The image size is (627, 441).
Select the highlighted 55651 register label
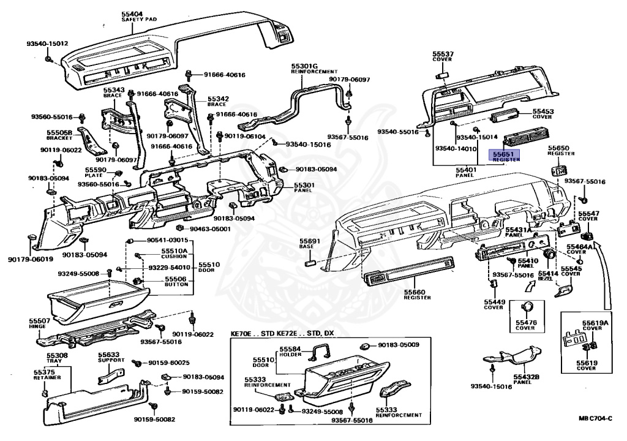click(503, 156)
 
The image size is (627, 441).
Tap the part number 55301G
click(304, 66)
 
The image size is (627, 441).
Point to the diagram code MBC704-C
click(595, 418)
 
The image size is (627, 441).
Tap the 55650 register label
click(558, 148)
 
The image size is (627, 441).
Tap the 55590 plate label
click(96, 170)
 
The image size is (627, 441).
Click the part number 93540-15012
click(47, 44)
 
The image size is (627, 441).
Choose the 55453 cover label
click(543, 112)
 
